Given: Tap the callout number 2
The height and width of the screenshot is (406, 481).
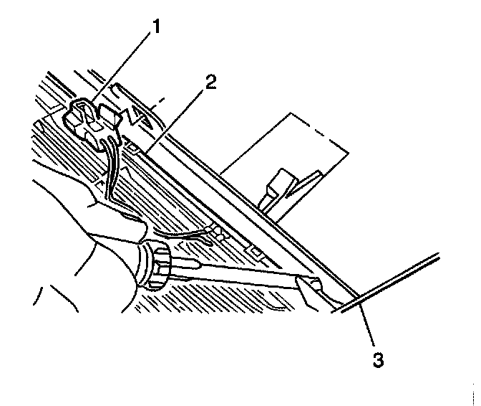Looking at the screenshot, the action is (210, 81).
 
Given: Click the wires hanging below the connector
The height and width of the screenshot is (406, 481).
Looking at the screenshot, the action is (111, 165).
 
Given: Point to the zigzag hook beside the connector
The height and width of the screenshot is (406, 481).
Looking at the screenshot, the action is (135, 114).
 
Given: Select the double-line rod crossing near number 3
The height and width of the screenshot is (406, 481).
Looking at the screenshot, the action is (401, 279).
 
